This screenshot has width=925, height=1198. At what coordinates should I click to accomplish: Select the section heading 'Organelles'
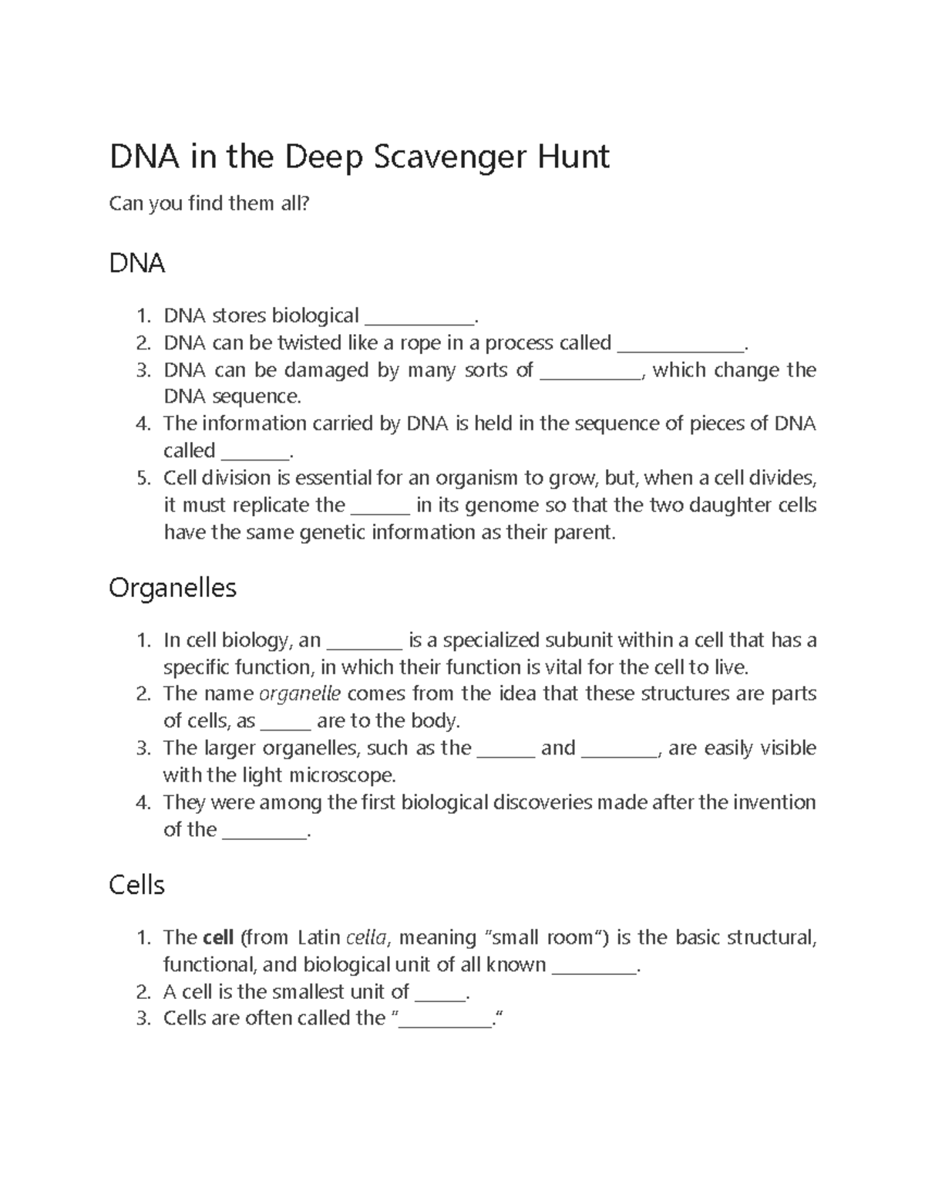[173, 588]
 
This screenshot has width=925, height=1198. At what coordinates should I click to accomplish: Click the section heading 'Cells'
[136, 885]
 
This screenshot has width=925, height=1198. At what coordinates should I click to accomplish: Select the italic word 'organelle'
[299, 693]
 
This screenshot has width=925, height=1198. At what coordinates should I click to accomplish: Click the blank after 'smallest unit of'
[440, 994]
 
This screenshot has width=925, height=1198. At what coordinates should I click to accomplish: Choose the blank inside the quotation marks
[446, 1021]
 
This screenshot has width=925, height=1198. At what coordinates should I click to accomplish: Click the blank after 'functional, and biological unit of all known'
[594, 967]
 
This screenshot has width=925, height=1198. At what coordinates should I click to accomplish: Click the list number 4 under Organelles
[142, 802]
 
